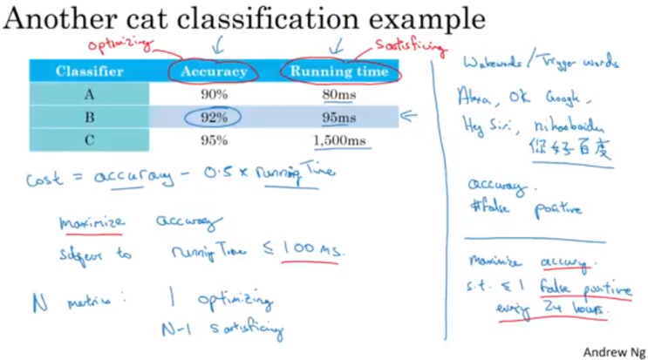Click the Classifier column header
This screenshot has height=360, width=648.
click(90, 71)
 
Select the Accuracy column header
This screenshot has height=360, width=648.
click(214, 71)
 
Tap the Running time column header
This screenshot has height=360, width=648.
click(338, 71)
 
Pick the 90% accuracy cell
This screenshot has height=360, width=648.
click(214, 94)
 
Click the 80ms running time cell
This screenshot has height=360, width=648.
click(339, 94)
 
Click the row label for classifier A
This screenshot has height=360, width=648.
click(90, 94)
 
